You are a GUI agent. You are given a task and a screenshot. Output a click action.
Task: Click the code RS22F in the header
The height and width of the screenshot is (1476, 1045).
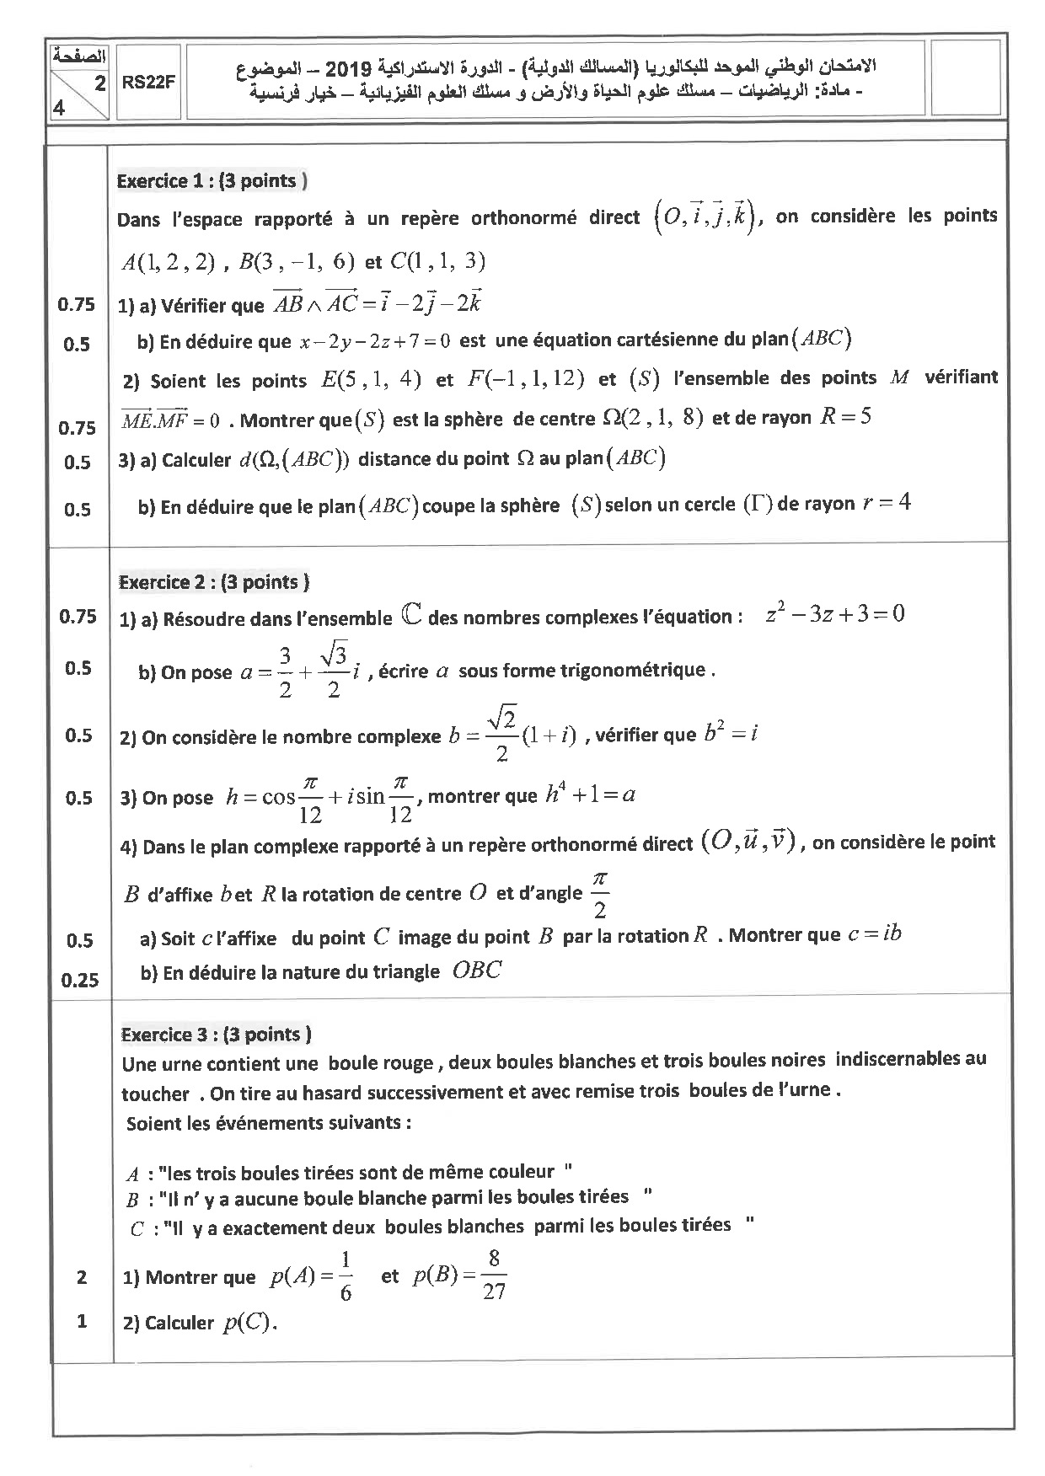click(x=147, y=83)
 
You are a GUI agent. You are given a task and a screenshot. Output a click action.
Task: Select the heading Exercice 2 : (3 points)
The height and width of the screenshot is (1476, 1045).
click(x=214, y=582)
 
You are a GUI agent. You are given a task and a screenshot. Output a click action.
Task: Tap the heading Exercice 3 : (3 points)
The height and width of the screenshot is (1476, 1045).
click(x=217, y=1035)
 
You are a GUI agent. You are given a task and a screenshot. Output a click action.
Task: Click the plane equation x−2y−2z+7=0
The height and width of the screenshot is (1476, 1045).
click(x=375, y=341)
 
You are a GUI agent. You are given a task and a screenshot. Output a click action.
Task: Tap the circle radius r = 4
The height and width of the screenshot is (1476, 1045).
click(x=887, y=504)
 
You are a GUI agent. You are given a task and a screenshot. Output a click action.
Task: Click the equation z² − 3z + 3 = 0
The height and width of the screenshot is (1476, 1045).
click(x=835, y=614)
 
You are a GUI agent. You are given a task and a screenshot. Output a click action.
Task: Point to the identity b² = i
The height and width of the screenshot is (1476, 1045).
click(x=731, y=733)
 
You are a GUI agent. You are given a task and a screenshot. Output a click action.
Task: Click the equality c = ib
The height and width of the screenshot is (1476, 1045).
click(x=875, y=933)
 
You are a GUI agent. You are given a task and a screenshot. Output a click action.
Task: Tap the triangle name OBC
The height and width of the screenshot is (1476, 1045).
click(x=477, y=971)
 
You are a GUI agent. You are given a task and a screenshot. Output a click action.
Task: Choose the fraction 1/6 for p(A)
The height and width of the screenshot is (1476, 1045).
click(x=345, y=1276)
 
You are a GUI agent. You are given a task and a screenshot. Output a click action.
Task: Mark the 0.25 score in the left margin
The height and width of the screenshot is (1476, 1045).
click(x=80, y=981)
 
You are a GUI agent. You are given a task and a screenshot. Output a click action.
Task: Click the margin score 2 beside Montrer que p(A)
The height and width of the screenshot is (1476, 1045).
click(x=81, y=1277)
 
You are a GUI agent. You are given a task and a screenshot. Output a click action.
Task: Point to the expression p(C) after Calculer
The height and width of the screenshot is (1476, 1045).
click(x=249, y=1323)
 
